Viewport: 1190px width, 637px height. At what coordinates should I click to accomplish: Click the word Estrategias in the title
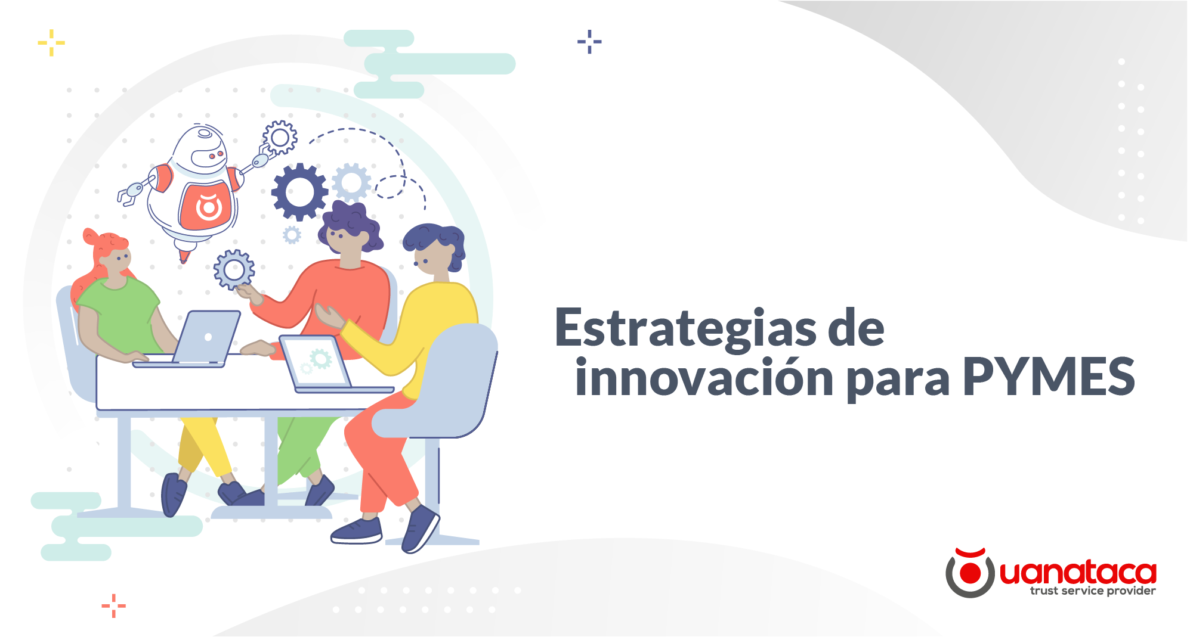pos(685,329)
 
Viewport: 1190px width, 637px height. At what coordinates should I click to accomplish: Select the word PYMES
pos(1048,377)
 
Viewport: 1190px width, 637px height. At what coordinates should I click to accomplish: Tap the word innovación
pos(704,378)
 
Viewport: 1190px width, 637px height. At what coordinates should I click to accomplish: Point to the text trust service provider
pos(1092,591)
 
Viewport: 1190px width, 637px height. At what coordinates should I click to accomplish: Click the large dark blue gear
pos(299,192)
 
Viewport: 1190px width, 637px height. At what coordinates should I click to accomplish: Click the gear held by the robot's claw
pos(280,138)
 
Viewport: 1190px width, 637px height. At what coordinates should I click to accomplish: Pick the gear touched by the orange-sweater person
pos(234,269)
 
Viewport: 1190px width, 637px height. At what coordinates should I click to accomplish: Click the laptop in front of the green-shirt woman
pos(206,338)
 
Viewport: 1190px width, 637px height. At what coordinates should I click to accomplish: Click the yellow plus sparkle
pos(51,43)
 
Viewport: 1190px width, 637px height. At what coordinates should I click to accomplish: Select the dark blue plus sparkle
pos(589,42)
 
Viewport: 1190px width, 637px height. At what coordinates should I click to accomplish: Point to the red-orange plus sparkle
pos(113,606)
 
